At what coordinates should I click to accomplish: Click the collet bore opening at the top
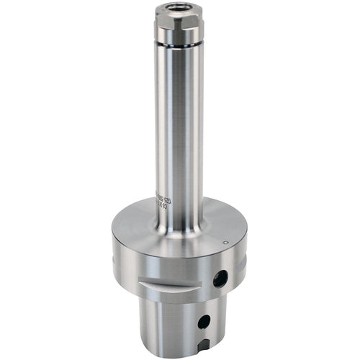179,6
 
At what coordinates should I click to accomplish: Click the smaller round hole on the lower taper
204,321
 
